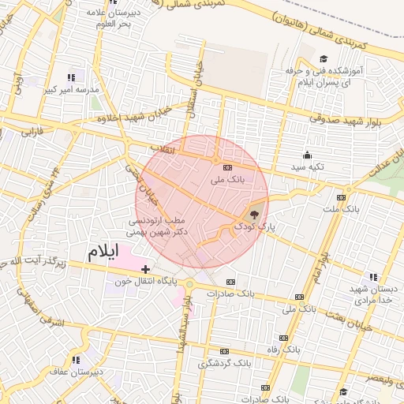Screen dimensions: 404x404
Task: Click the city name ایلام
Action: tap(102, 252)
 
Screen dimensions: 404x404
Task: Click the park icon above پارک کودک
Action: tap(253, 214)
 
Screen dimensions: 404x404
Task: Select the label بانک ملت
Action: tap(342, 209)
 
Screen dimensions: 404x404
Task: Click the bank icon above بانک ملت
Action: tap(341, 197)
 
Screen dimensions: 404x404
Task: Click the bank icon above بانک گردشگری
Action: tap(224, 351)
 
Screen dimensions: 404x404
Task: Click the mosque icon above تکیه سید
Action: tap(307, 155)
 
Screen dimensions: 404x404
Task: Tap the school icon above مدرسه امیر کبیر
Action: tap(71, 77)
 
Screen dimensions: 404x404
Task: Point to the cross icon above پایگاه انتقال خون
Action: tap(145, 270)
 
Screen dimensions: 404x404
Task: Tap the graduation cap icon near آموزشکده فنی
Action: tap(323, 59)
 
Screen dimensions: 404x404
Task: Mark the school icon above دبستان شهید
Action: tap(372, 277)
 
